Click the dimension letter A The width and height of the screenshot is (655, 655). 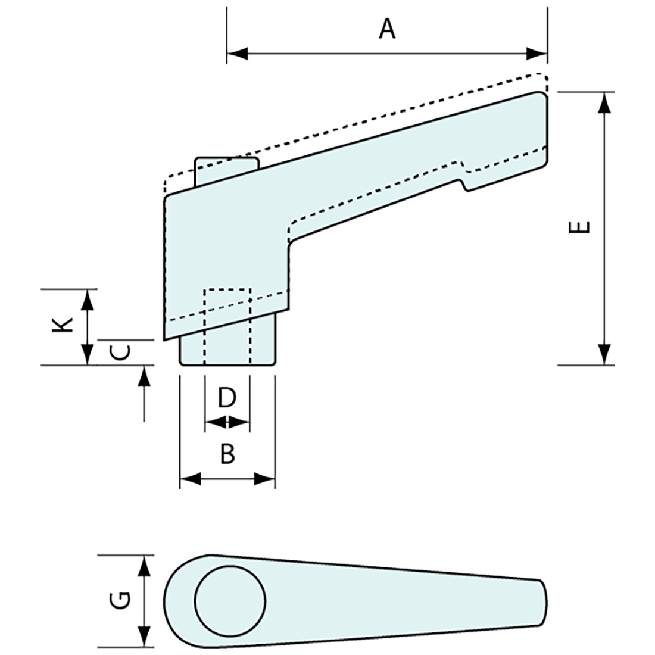tap(387, 29)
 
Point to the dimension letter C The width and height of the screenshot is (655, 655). tap(121, 353)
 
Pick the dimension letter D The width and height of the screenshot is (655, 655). tap(227, 397)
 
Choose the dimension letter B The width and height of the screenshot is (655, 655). tap(227, 454)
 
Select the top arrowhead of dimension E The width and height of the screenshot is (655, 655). tap(605, 102)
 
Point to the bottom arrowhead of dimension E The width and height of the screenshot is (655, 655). tap(605, 355)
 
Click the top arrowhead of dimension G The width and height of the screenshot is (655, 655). tap(144, 566)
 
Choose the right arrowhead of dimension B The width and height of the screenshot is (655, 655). tap(265, 479)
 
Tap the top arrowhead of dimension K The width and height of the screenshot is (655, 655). tap(88, 300)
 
